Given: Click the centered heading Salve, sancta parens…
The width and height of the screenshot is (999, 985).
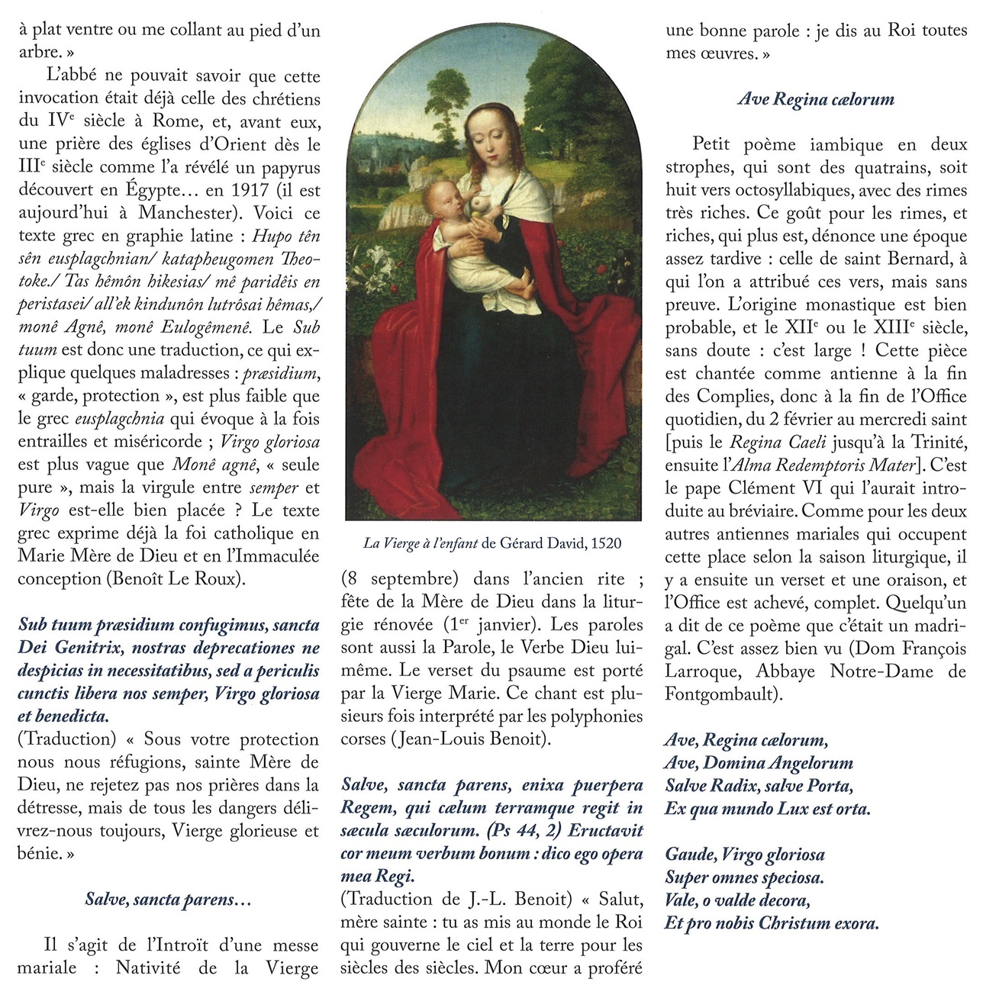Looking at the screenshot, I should [x=168, y=900].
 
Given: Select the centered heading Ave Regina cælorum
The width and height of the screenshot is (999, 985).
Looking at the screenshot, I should [x=816, y=99].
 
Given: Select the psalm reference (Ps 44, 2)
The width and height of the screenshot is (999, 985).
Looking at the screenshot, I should [x=524, y=831].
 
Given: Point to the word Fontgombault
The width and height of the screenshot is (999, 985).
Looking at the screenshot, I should [x=721, y=694].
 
